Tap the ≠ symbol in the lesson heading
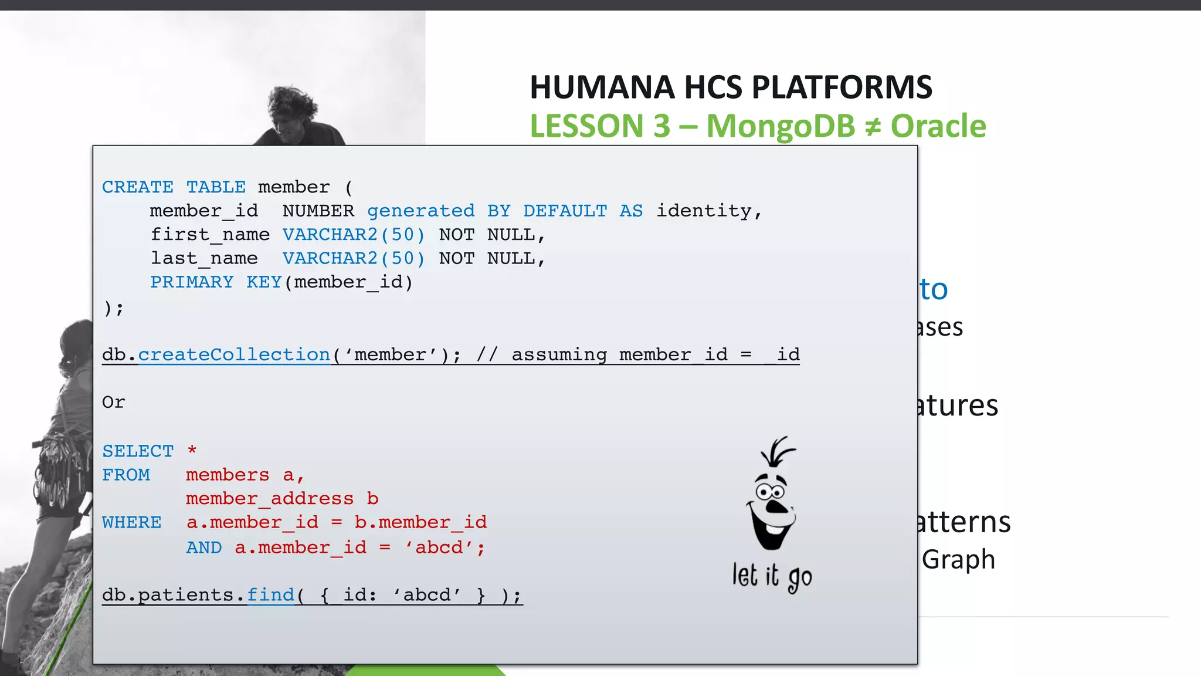[x=873, y=127]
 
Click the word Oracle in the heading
[x=938, y=126]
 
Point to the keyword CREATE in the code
[x=138, y=187]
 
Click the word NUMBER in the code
[x=318, y=211]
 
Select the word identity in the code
[x=704, y=211]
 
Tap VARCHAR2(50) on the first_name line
[x=353, y=235]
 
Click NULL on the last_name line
[x=511, y=259]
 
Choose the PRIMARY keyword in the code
[x=192, y=282]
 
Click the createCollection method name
[x=234, y=354]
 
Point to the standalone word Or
[x=113, y=403]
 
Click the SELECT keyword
[x=138, y=451]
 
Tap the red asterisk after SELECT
[x=192, y=451]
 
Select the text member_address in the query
[x=270, y=499]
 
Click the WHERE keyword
[x=131, y=522]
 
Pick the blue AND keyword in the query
[x=204, y=547]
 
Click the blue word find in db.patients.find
[x=270, y=595]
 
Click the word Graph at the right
[x=958, y=559]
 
